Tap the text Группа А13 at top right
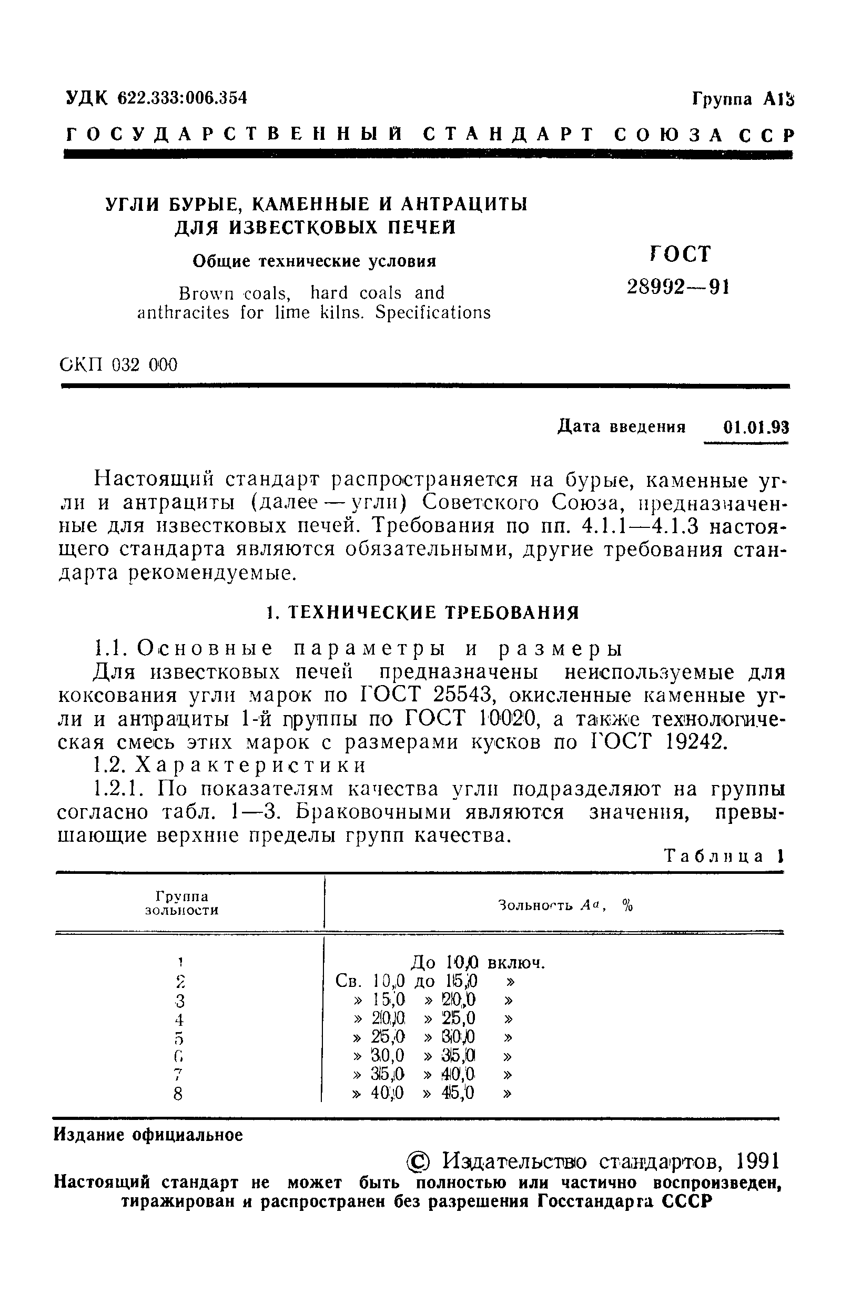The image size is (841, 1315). click(743, 99)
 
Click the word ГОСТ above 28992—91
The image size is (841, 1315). click(680, 253)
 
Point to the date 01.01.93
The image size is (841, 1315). click(756, 427)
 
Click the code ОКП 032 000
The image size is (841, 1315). click(118, 364)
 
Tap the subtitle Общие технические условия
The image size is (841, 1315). click(315, 261)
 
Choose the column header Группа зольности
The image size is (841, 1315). click(182, 903)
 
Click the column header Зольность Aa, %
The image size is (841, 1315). click(565, 905)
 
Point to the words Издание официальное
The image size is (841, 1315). click(148, 1135)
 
